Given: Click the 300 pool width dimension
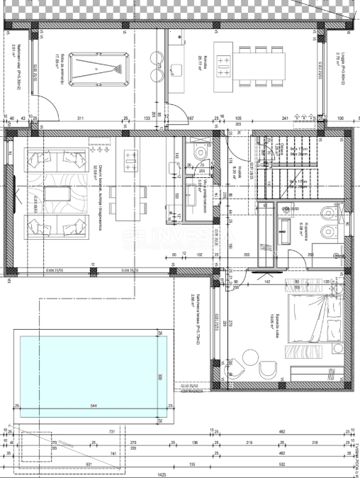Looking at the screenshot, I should coord(160,377).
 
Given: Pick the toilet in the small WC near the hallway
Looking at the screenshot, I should coord(201,152).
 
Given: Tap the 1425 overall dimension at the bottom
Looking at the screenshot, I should coord(162,474).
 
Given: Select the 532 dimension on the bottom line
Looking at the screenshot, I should coord(281,465).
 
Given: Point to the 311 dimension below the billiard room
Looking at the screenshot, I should coord(81,118).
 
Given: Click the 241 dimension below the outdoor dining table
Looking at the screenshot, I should coord(285,118).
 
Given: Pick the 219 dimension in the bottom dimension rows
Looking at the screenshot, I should coord(249,443).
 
